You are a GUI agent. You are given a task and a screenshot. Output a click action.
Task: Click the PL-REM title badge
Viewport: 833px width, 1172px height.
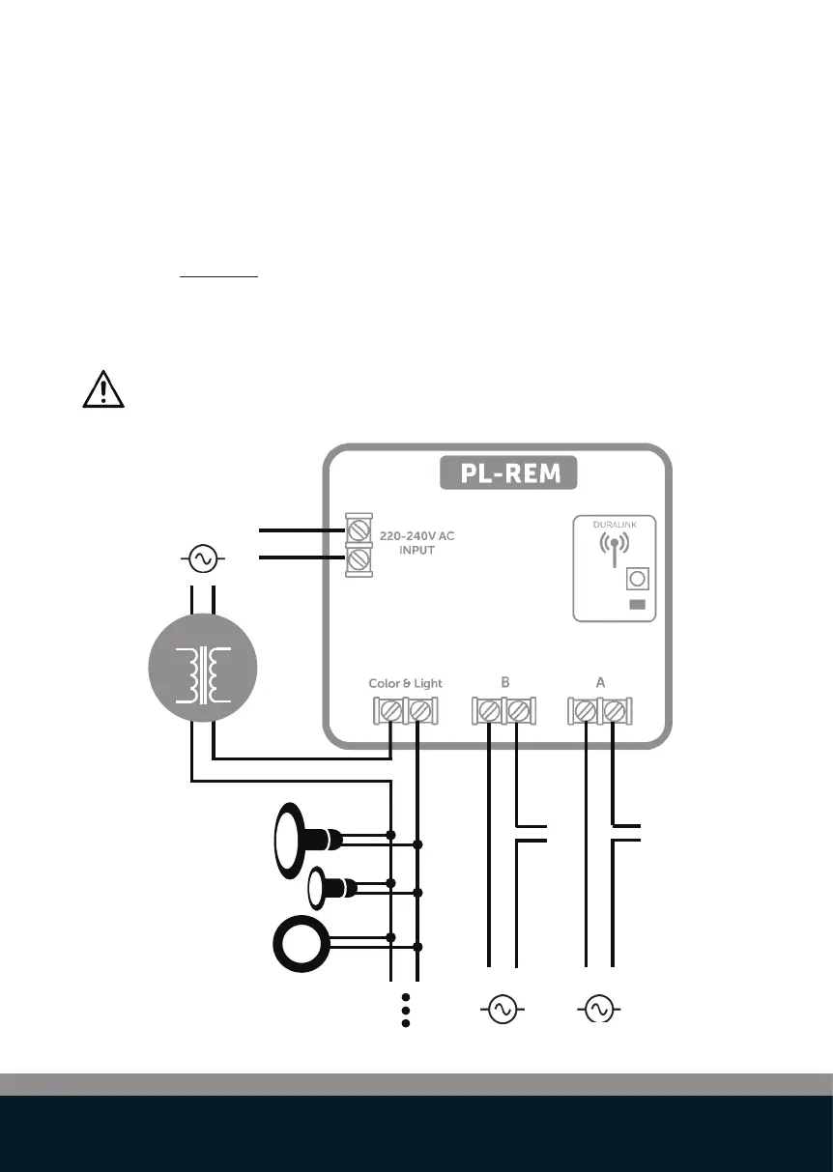(x=507, y=474)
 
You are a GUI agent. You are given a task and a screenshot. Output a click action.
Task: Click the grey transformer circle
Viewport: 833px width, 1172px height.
(x=204, y=669)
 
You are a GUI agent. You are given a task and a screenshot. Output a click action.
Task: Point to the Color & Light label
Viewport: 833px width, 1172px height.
(x=405, y=683)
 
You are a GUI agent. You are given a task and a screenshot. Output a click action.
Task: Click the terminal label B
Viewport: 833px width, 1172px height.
(x=504, y=682)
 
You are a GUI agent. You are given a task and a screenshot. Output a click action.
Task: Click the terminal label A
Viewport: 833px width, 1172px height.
(x=600, y=682)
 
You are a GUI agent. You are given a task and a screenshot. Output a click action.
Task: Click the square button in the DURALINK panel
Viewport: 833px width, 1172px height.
(x=637, y=580)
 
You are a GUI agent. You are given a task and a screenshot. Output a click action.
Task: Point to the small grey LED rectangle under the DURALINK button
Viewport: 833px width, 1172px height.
(x=637, y=606)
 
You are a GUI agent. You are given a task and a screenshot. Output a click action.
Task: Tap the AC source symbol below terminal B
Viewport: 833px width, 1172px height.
(x=503, y=1010)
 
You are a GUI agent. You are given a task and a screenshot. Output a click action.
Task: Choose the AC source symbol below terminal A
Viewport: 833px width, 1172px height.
(x=598, y=1010)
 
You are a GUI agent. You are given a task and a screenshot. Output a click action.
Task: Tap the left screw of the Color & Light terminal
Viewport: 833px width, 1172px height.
(x=390, y=712)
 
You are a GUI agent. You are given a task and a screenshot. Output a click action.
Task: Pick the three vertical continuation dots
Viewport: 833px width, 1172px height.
(x=406, y=1010)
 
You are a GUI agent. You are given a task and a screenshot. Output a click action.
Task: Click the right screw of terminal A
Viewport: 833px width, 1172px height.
(x=614, y=712)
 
